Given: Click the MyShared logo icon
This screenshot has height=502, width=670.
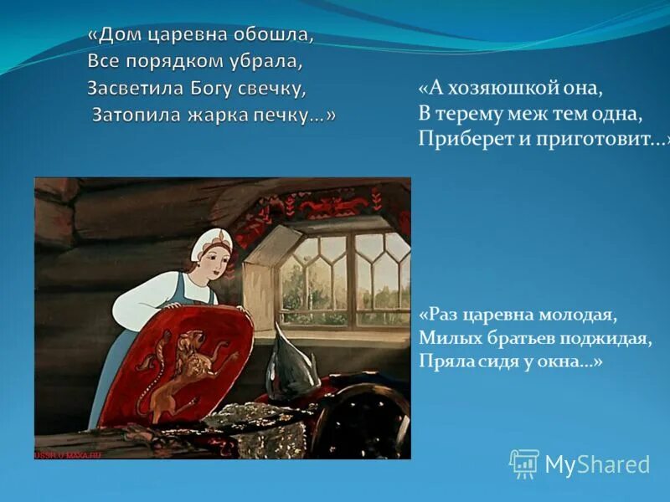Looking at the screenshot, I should point(524,463).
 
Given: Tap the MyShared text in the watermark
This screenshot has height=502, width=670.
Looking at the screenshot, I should point(597,464).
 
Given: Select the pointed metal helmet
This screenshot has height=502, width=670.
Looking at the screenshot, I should point(289,360).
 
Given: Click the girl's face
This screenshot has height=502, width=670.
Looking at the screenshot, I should point(215,262).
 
